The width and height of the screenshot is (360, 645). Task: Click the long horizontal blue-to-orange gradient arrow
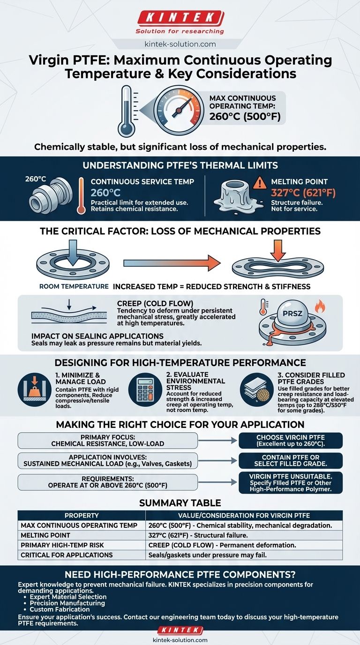(172, 263)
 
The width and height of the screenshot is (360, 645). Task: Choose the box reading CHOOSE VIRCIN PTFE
(291, 440)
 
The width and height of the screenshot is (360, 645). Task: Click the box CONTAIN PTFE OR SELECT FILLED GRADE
(291, 464)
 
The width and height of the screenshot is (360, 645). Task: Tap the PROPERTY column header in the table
(82, 515)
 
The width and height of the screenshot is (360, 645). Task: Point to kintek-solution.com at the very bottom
(180, 639)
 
